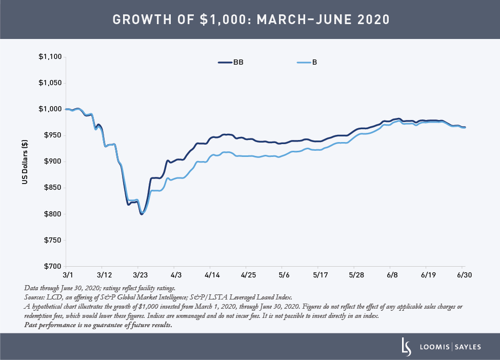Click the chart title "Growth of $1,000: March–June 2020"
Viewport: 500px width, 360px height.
tap(250, 20)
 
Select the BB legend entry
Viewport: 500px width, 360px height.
tap(231, 63)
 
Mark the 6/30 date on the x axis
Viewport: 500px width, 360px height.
tap(464, 275)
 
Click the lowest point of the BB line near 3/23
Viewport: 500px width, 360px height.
tap(142, 214)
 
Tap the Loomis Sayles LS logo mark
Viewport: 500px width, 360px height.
tap(405, 347)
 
